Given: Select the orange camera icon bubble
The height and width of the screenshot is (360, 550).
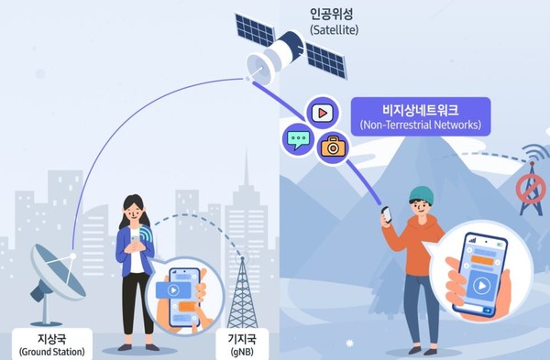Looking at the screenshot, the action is (333, 145).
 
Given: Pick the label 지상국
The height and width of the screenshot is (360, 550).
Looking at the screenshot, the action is (50, 336).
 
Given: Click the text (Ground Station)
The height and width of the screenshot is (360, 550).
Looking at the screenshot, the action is (50, 351).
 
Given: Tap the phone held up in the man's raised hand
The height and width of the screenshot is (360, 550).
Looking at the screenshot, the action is (387, 215).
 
